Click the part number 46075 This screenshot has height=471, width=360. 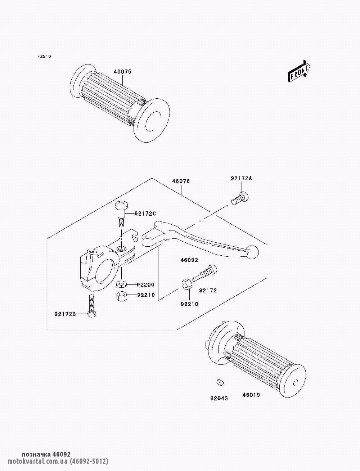click(122, 72)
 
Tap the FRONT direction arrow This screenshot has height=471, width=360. click(299, 71)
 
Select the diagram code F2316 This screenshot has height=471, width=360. click(44, 57)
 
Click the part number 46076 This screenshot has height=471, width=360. click(181, 181)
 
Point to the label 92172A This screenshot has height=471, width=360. click(241, 178)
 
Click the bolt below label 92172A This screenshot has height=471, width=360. click(240, 199)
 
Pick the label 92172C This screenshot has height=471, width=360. click(145, 214)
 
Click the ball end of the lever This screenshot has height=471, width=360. click(252, 252)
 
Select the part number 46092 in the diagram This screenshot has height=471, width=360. click(189, 260)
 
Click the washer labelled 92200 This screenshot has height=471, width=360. click(121, 284)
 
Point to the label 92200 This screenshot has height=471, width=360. click(146, 285)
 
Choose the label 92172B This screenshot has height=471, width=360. click(65, 314)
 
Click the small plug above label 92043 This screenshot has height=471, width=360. click(219, 382)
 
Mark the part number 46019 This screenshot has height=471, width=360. click(251, 395)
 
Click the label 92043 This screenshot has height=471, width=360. click(219, 398)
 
